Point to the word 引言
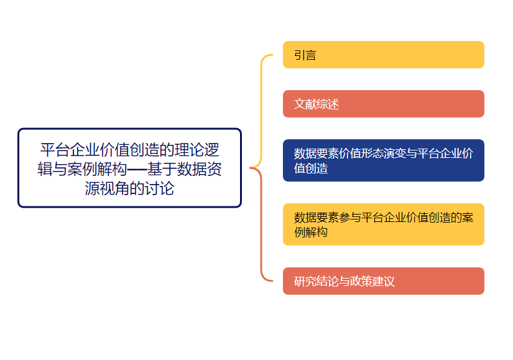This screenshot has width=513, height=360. pyautogui.click(x=305, y=55)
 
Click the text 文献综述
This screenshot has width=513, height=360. pyautogui.click(x=317, y=104)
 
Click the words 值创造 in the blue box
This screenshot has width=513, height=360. pyautogui.click(x=311, y=168)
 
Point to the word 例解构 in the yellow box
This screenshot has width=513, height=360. pyautogui.click(x=311, y=233)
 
